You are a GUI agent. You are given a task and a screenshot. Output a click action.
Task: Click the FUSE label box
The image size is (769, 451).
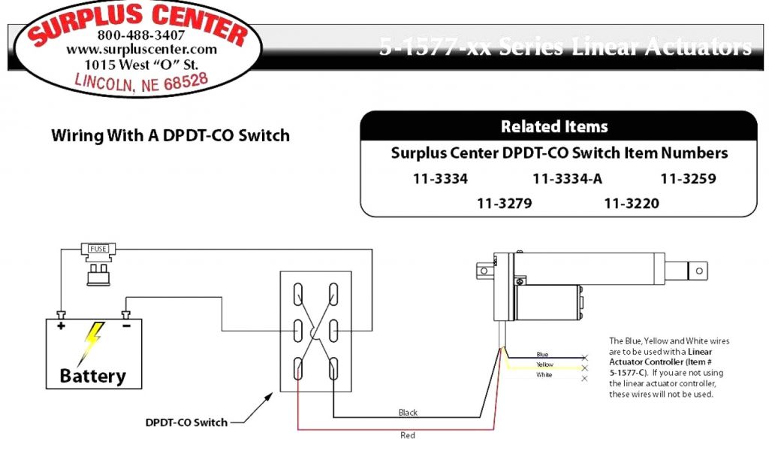coord(98,248)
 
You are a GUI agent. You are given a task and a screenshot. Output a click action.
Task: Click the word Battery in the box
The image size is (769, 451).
coord(93,375)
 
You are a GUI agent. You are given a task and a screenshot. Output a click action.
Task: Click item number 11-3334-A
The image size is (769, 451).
coord(567,179)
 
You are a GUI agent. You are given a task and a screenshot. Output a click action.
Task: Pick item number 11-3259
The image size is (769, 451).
coord(688,179)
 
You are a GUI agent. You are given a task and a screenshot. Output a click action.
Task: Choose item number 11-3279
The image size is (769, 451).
coord(504,203)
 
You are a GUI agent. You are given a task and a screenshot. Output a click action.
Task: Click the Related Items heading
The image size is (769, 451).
coord(554,126)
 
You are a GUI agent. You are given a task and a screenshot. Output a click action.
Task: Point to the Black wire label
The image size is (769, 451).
coord(409,413)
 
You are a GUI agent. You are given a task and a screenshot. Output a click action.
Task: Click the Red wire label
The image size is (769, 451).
coord(407,435)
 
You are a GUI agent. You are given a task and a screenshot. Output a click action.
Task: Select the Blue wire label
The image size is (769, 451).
coord(542,354)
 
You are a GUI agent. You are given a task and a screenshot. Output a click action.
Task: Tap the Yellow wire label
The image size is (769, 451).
coord(544,365)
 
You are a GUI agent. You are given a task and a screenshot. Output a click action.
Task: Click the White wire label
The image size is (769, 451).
coord(544,374)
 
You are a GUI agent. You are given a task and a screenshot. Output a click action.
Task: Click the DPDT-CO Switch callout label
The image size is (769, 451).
coord(186,422)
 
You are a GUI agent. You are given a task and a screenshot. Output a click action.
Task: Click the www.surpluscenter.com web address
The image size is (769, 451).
coord(141,50)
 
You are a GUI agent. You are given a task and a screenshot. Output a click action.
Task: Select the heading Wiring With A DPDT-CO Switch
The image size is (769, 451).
coord(170,136)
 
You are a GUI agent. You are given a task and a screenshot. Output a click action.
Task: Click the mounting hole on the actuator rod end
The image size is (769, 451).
coord(699,268)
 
